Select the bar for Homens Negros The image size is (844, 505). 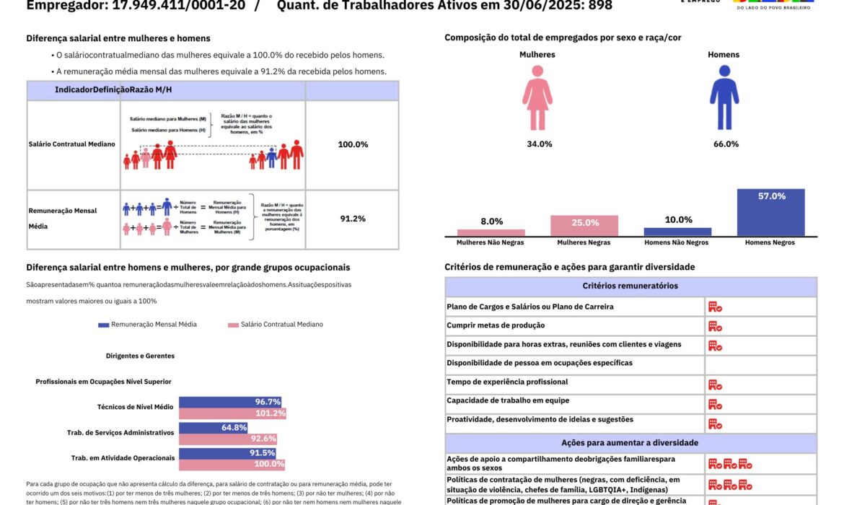770,213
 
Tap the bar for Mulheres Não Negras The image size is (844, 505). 491,232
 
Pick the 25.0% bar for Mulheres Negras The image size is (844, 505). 584,226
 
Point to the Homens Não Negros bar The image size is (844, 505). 677,232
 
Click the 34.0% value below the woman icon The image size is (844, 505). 539,144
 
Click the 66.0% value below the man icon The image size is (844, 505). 726,144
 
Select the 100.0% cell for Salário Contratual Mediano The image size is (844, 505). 353,144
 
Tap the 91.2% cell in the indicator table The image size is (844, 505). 353,219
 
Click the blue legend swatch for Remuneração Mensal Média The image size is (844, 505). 104,325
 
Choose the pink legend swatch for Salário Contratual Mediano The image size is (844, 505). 233,325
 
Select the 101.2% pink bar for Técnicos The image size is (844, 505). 232,413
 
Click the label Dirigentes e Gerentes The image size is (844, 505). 140,356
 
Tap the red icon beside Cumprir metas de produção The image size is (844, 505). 715,326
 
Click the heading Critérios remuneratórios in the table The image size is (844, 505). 630,286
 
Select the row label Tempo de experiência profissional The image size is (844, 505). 507,382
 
